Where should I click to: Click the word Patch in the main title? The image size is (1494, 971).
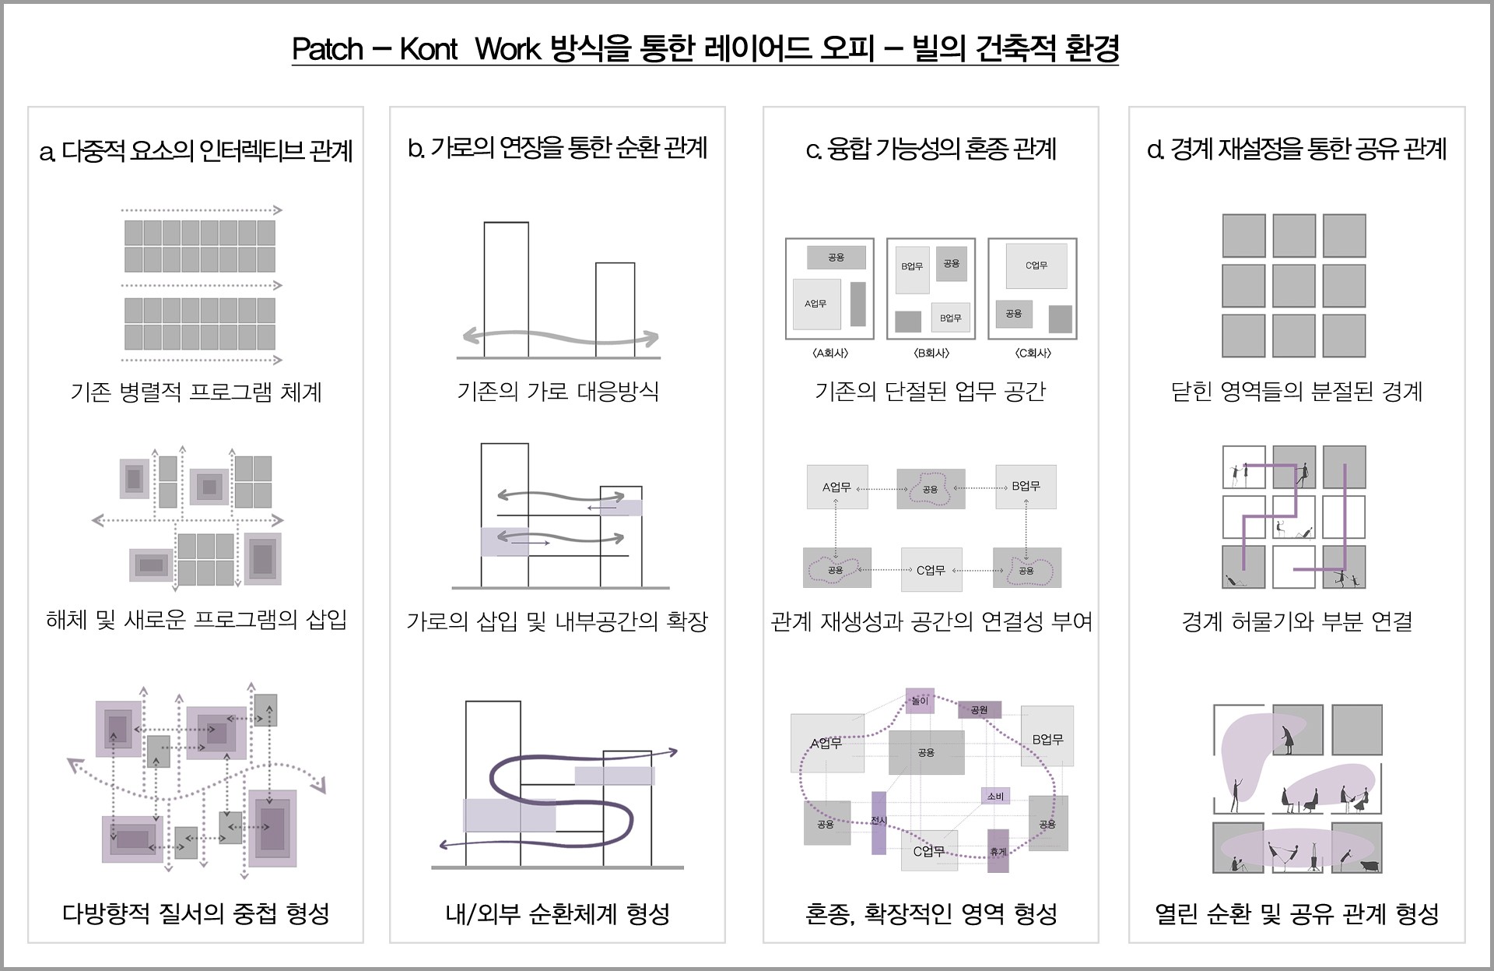328,49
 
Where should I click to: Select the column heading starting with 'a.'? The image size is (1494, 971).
196,150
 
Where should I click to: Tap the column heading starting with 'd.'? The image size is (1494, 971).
1297,149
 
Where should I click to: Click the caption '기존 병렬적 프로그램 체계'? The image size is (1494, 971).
196,391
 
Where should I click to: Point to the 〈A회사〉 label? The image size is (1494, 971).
830,353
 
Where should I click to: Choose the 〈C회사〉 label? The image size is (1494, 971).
1033,353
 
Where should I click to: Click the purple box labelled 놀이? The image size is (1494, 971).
920,701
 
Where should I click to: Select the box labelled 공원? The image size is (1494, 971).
979,709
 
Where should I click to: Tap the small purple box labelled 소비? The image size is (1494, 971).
995,796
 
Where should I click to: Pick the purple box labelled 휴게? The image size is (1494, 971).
998,851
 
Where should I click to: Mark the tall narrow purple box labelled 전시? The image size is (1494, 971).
879,822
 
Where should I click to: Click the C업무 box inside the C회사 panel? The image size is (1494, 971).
1036,266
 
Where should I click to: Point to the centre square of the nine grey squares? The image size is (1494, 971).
1294,286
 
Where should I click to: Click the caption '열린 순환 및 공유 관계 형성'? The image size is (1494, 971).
1297,913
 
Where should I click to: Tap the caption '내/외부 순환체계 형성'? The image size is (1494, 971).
558,913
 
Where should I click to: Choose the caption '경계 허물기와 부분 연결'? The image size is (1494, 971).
1297,621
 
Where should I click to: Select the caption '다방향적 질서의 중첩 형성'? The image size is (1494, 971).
196,913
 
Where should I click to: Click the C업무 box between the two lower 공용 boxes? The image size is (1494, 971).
931,570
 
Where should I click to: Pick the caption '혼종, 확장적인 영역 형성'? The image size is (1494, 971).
931,913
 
